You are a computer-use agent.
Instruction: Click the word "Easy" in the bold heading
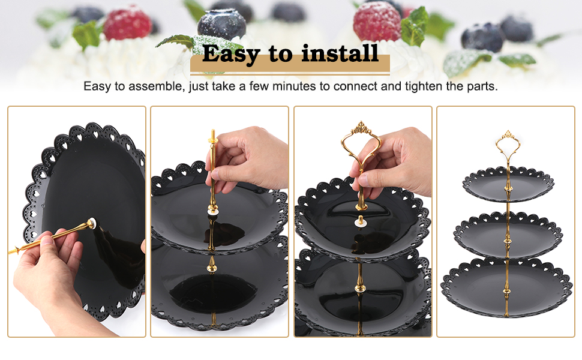tap(231, 54)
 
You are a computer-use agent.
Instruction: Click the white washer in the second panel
tap(213, 212)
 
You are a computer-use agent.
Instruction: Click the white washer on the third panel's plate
tap(359, 221)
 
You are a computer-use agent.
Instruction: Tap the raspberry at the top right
tap(377, 21)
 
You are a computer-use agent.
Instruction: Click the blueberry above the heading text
tap(221, 25)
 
